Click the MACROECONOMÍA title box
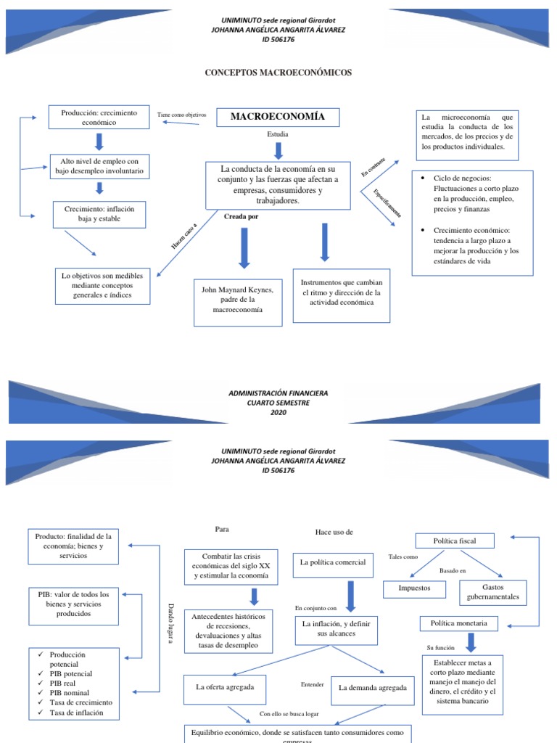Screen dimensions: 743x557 (277, 117)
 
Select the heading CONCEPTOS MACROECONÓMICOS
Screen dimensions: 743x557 (278, 73)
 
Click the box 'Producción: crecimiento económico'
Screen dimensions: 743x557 (99, 118)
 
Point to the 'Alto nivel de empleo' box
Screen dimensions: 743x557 (99, 166)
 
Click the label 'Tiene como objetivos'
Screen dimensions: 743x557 (181, 115)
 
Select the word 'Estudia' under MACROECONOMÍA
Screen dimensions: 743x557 (277, 135)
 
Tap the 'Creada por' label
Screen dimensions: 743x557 (241, 217)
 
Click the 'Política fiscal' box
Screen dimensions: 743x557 (454, 541)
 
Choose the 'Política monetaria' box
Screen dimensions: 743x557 (454, 623)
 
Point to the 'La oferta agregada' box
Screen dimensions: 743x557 (225, 687)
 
